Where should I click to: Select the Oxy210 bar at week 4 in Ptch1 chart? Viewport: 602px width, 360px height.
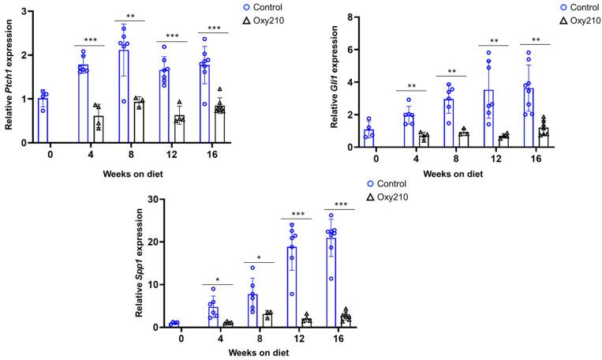(x=98, y=129)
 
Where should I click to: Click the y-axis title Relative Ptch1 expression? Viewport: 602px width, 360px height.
(x=10, y=76)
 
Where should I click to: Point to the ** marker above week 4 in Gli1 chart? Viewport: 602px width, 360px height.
(x=412, y=85)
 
